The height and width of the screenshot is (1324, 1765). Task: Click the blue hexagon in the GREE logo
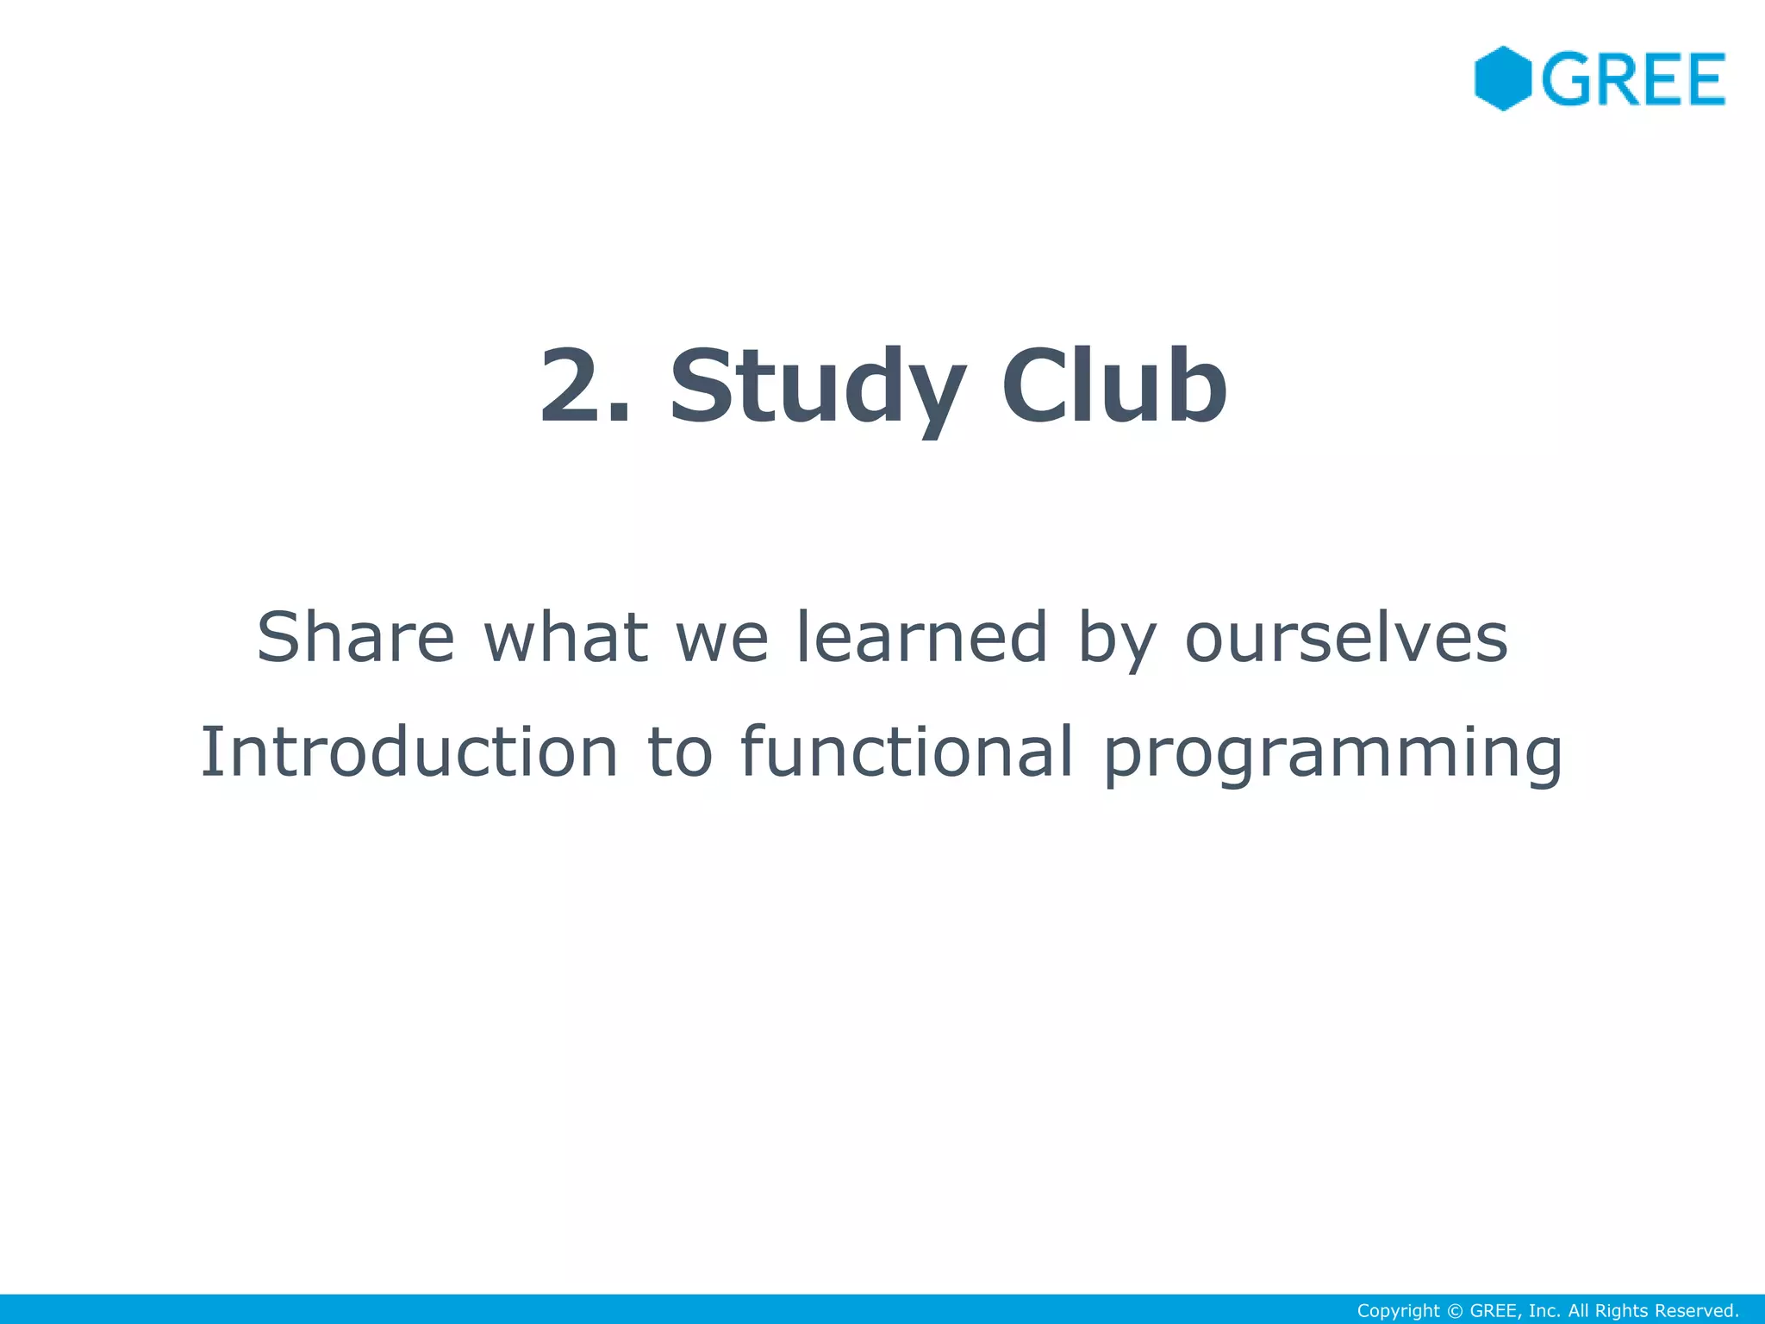(1502, 78)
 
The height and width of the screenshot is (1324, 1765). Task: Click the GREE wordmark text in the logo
(1633, 79)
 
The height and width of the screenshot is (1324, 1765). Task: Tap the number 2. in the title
(585, 385)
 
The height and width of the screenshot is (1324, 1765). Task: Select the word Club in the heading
(1113, 385)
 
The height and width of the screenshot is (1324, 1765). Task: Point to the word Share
(355, 637)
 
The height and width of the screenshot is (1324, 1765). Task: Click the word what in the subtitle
(565, 637)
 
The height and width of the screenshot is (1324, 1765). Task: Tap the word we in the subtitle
(722, 639)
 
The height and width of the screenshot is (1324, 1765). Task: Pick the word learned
(920, 637)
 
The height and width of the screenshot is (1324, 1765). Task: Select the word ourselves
(1346, 639)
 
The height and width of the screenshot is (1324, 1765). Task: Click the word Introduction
(409, 752)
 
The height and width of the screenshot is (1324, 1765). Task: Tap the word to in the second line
(680, 753)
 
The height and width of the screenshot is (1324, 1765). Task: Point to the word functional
(907, 752)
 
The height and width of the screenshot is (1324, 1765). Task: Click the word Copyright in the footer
(1398, 1311)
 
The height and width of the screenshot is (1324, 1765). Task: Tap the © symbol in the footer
(1454, 1311)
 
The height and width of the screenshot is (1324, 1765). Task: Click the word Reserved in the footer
(1697, 1311)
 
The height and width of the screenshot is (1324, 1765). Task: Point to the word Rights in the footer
(1621, 1311)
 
